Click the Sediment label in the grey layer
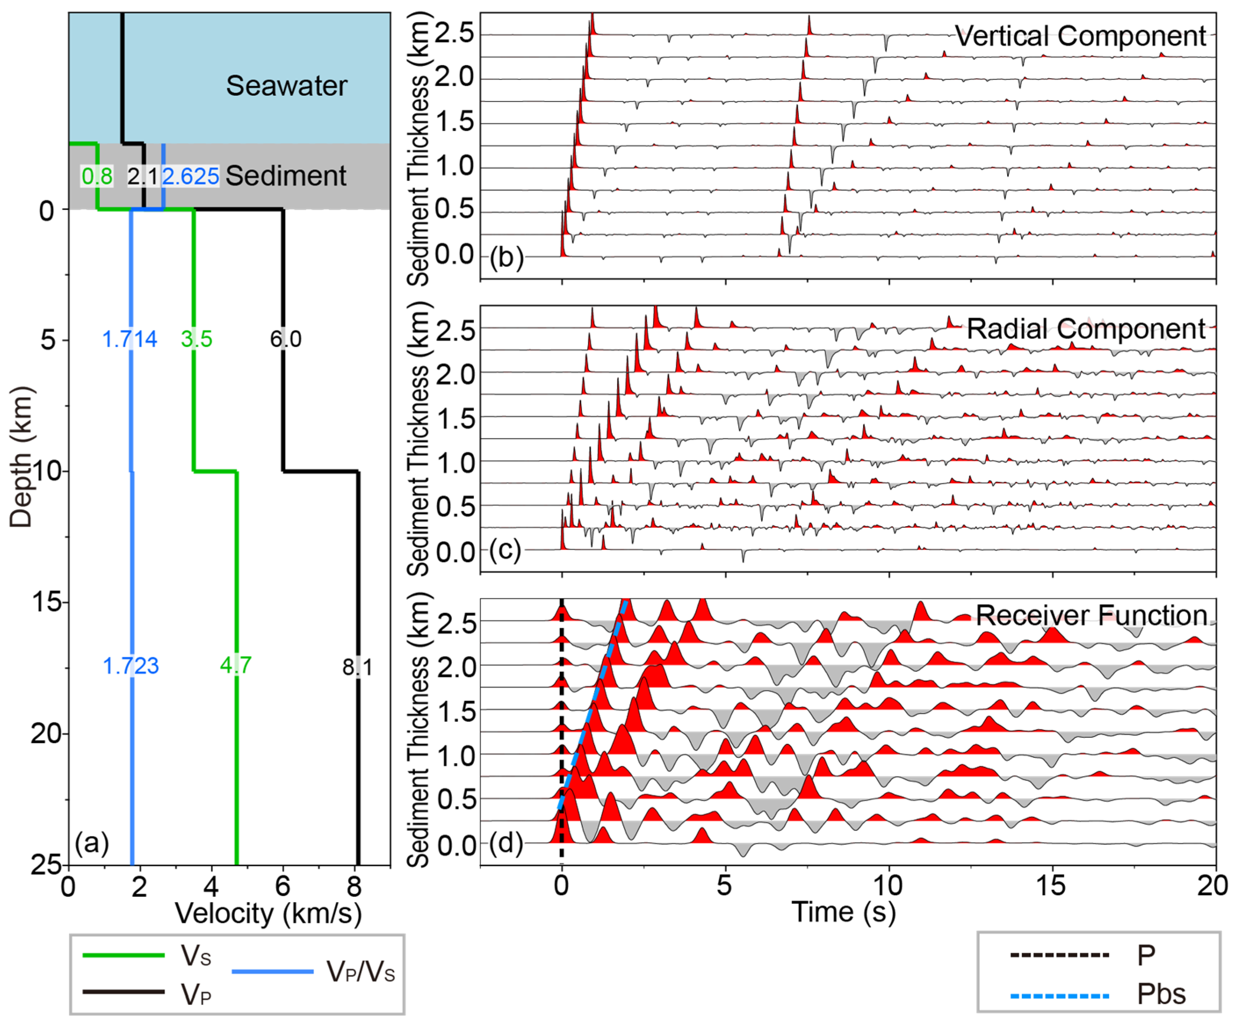(x=286, y=176)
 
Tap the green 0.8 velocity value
(x=97, y=176)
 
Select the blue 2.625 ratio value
(x=190, y=176)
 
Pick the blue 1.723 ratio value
(x=131, y=666)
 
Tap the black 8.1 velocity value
(x=357, y=667)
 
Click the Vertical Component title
(x=1080, y=36)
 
